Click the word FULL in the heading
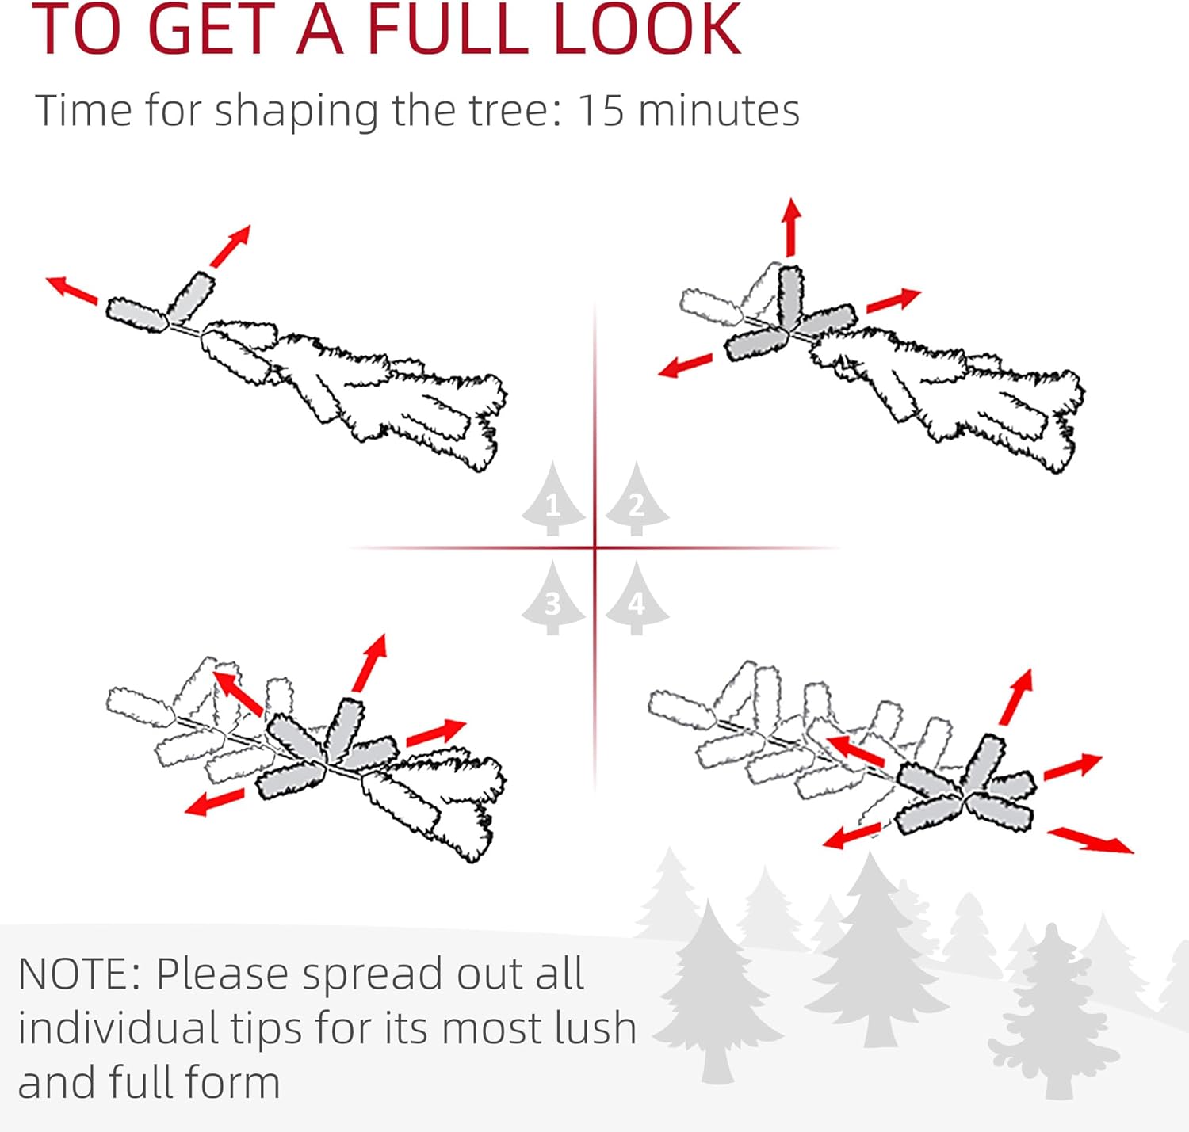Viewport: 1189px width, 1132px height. pyautogui.click(x=449, y=29)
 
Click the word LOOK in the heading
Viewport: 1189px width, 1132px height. pyautogui.click(x=647, y=29)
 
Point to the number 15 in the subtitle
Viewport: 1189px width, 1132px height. pyautogui.click(x=601, y=111)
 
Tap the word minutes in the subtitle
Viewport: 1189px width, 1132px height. pyautogui.click(x=719, y=111)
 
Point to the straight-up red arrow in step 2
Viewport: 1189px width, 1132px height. pyautogui.click(x=791, y=227)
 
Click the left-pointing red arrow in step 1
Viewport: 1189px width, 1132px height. pyautogui.click(x=72, y=289)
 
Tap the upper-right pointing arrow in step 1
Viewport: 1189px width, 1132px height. pyautogui.click(x=231, y=246)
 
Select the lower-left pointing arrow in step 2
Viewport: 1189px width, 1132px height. pyautogui.click(x=685, y=366)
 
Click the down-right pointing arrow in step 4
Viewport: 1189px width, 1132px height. pyautogui.click(x=1091, y=840)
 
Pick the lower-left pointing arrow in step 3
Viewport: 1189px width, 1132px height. pyautogui.click(x=215, y=802)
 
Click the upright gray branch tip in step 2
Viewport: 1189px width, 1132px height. pyautogui.click(x=789, y=297)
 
